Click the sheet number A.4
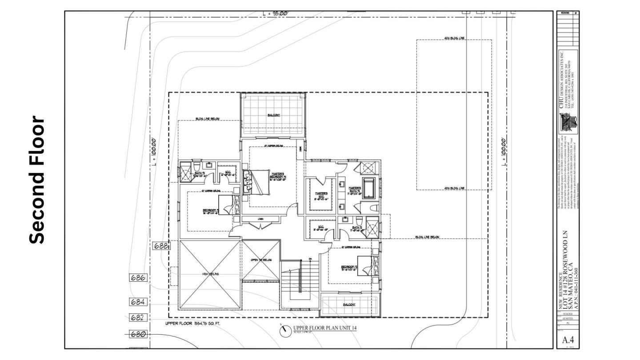[x=567, y=340]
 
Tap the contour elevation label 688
[x=160, y=245]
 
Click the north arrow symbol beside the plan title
[x=284, y=330]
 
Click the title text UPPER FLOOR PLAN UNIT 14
[x=325, y=328]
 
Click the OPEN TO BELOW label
[x=261, y=260]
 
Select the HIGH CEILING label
[x=211, y=274]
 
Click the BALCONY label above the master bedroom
[x=274, y=115]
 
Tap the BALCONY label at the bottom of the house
[x=349, y=305]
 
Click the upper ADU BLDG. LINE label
[x=454, y=38]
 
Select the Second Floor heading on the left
[x=37, y=180]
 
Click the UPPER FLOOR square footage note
[x=192, y=324]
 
